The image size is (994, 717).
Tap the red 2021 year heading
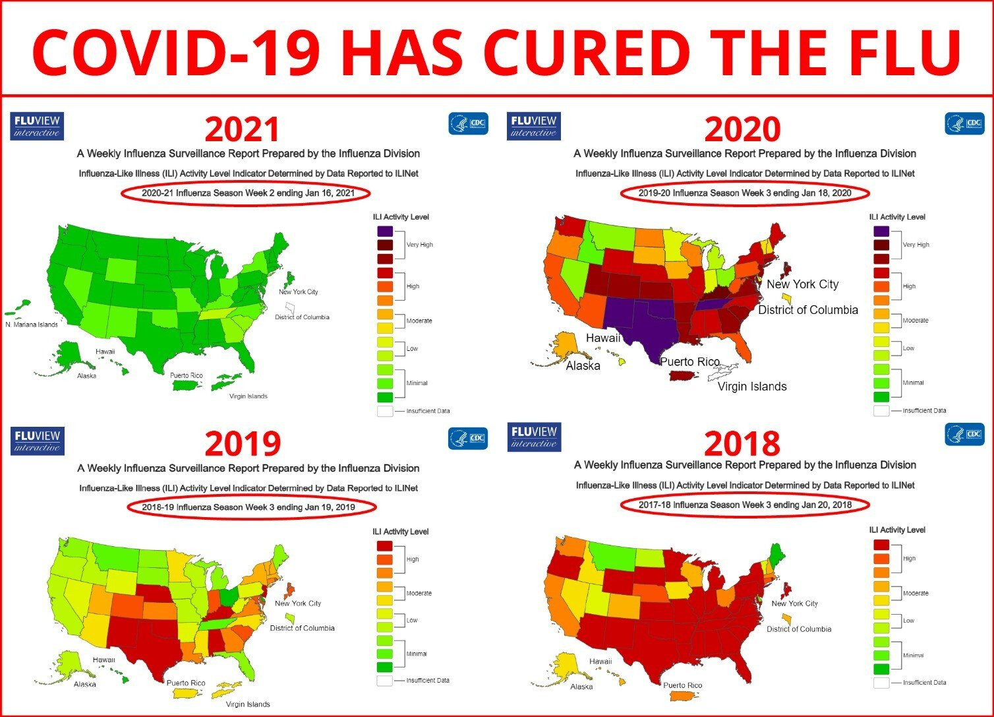pos(242,129)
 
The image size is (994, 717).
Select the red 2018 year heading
pos(742,443)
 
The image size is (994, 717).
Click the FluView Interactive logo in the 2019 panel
pos(38,441)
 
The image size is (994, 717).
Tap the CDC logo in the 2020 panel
pos(964,123)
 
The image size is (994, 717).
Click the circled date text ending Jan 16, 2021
pos(248,193)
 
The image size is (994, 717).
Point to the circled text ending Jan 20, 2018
pos(745,505)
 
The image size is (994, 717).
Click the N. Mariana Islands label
pos(32,325)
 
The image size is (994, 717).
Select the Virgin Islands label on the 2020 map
pos(751,387)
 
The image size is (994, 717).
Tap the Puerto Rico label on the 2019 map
pos(186,683)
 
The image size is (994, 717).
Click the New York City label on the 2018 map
pos(794,604)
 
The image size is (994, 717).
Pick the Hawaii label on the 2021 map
pos(105,352)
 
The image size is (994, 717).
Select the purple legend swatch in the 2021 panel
pos(385,231)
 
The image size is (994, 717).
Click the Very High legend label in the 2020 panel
pos(916,245)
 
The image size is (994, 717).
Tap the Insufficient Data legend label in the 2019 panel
pos(428,680)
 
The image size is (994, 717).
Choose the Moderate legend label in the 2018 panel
pos(915,593)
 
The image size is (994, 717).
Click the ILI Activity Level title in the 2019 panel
pos(400,532)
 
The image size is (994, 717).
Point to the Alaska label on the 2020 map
pos(583,365)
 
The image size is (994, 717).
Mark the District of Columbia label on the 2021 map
pos(302,317)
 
